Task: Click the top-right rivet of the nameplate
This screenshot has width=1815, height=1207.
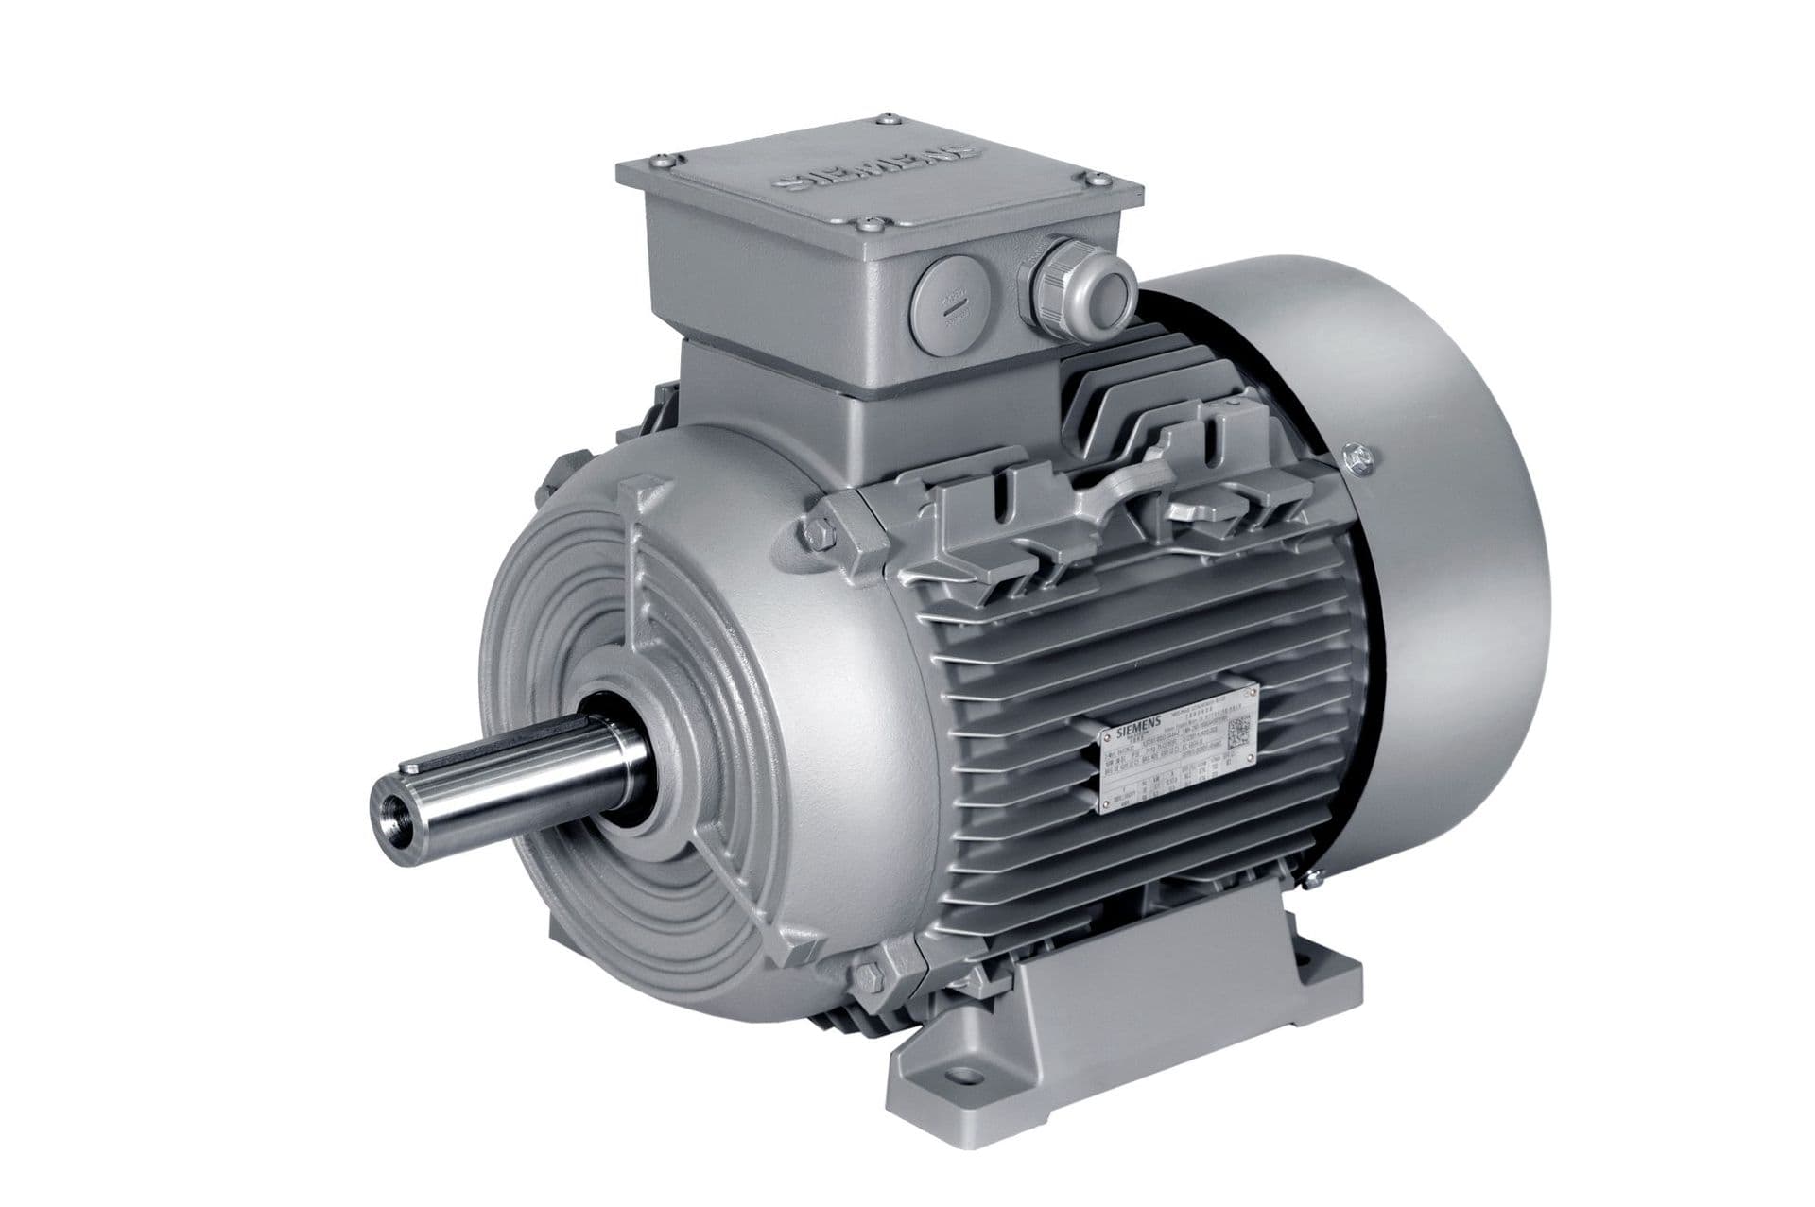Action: (1253, 695)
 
